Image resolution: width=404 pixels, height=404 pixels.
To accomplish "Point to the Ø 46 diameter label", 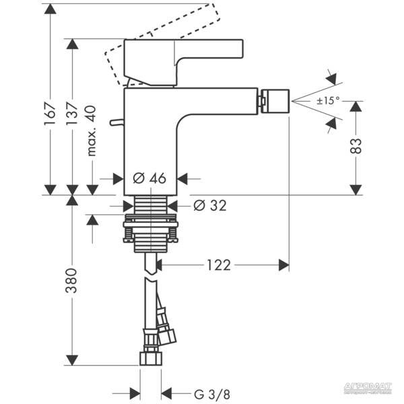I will click(x=149, y=179).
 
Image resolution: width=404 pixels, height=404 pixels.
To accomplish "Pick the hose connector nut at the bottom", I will click(x=150, y=357).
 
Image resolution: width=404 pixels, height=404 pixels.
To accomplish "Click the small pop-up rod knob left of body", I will click(x=119, y=124).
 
